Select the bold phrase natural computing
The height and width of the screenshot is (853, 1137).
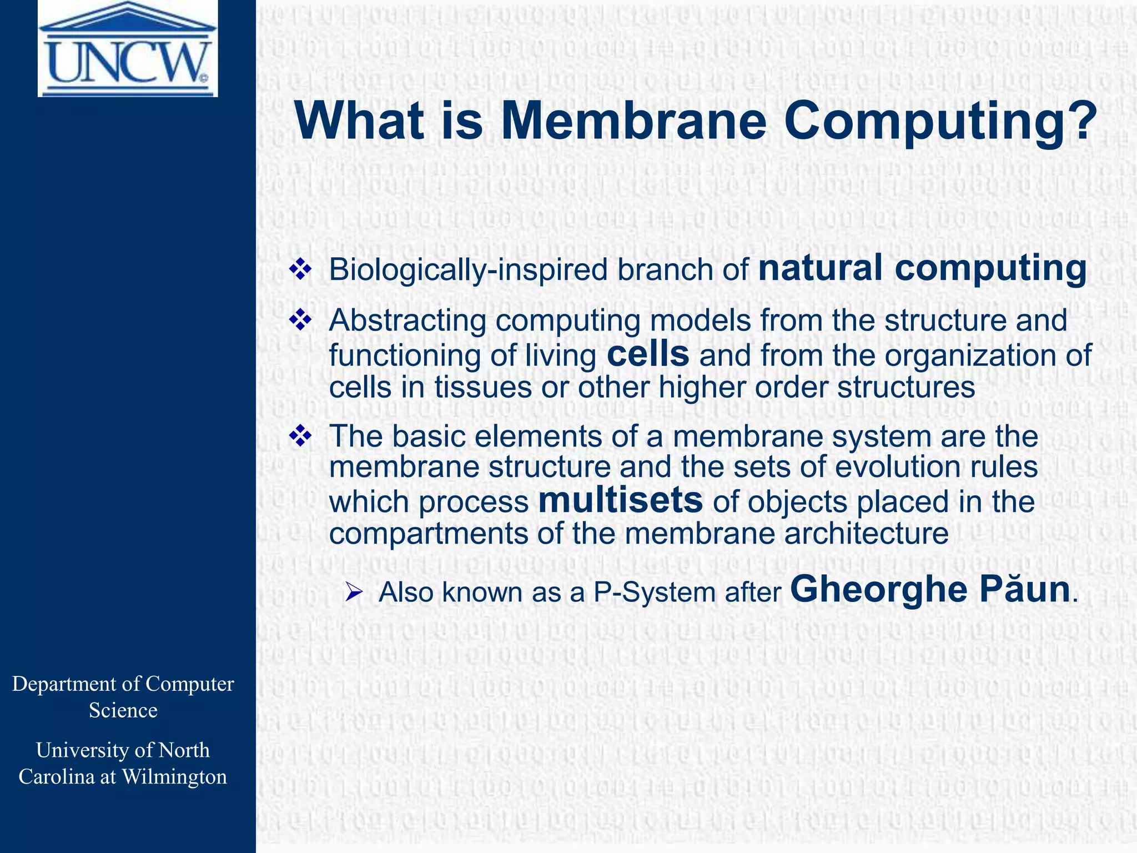tap(922, 268)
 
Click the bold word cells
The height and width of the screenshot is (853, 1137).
tap(648, 354)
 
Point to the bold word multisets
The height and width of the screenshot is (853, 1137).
tap(621, 500)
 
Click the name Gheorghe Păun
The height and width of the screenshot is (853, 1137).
tap(930, 590)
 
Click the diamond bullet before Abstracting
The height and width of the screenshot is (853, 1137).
tap(300, 320)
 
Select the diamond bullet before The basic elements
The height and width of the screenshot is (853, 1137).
tap(300, 436)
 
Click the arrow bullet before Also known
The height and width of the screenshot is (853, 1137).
tap(354, 593)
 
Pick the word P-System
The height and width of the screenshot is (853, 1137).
tap(654, 593)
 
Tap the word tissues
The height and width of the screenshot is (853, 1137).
tap(483, 387)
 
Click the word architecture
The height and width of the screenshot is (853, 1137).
tap(866, 534)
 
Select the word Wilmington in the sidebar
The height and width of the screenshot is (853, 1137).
tap(174, 777)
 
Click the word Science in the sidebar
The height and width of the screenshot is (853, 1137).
tap(123, 711)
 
